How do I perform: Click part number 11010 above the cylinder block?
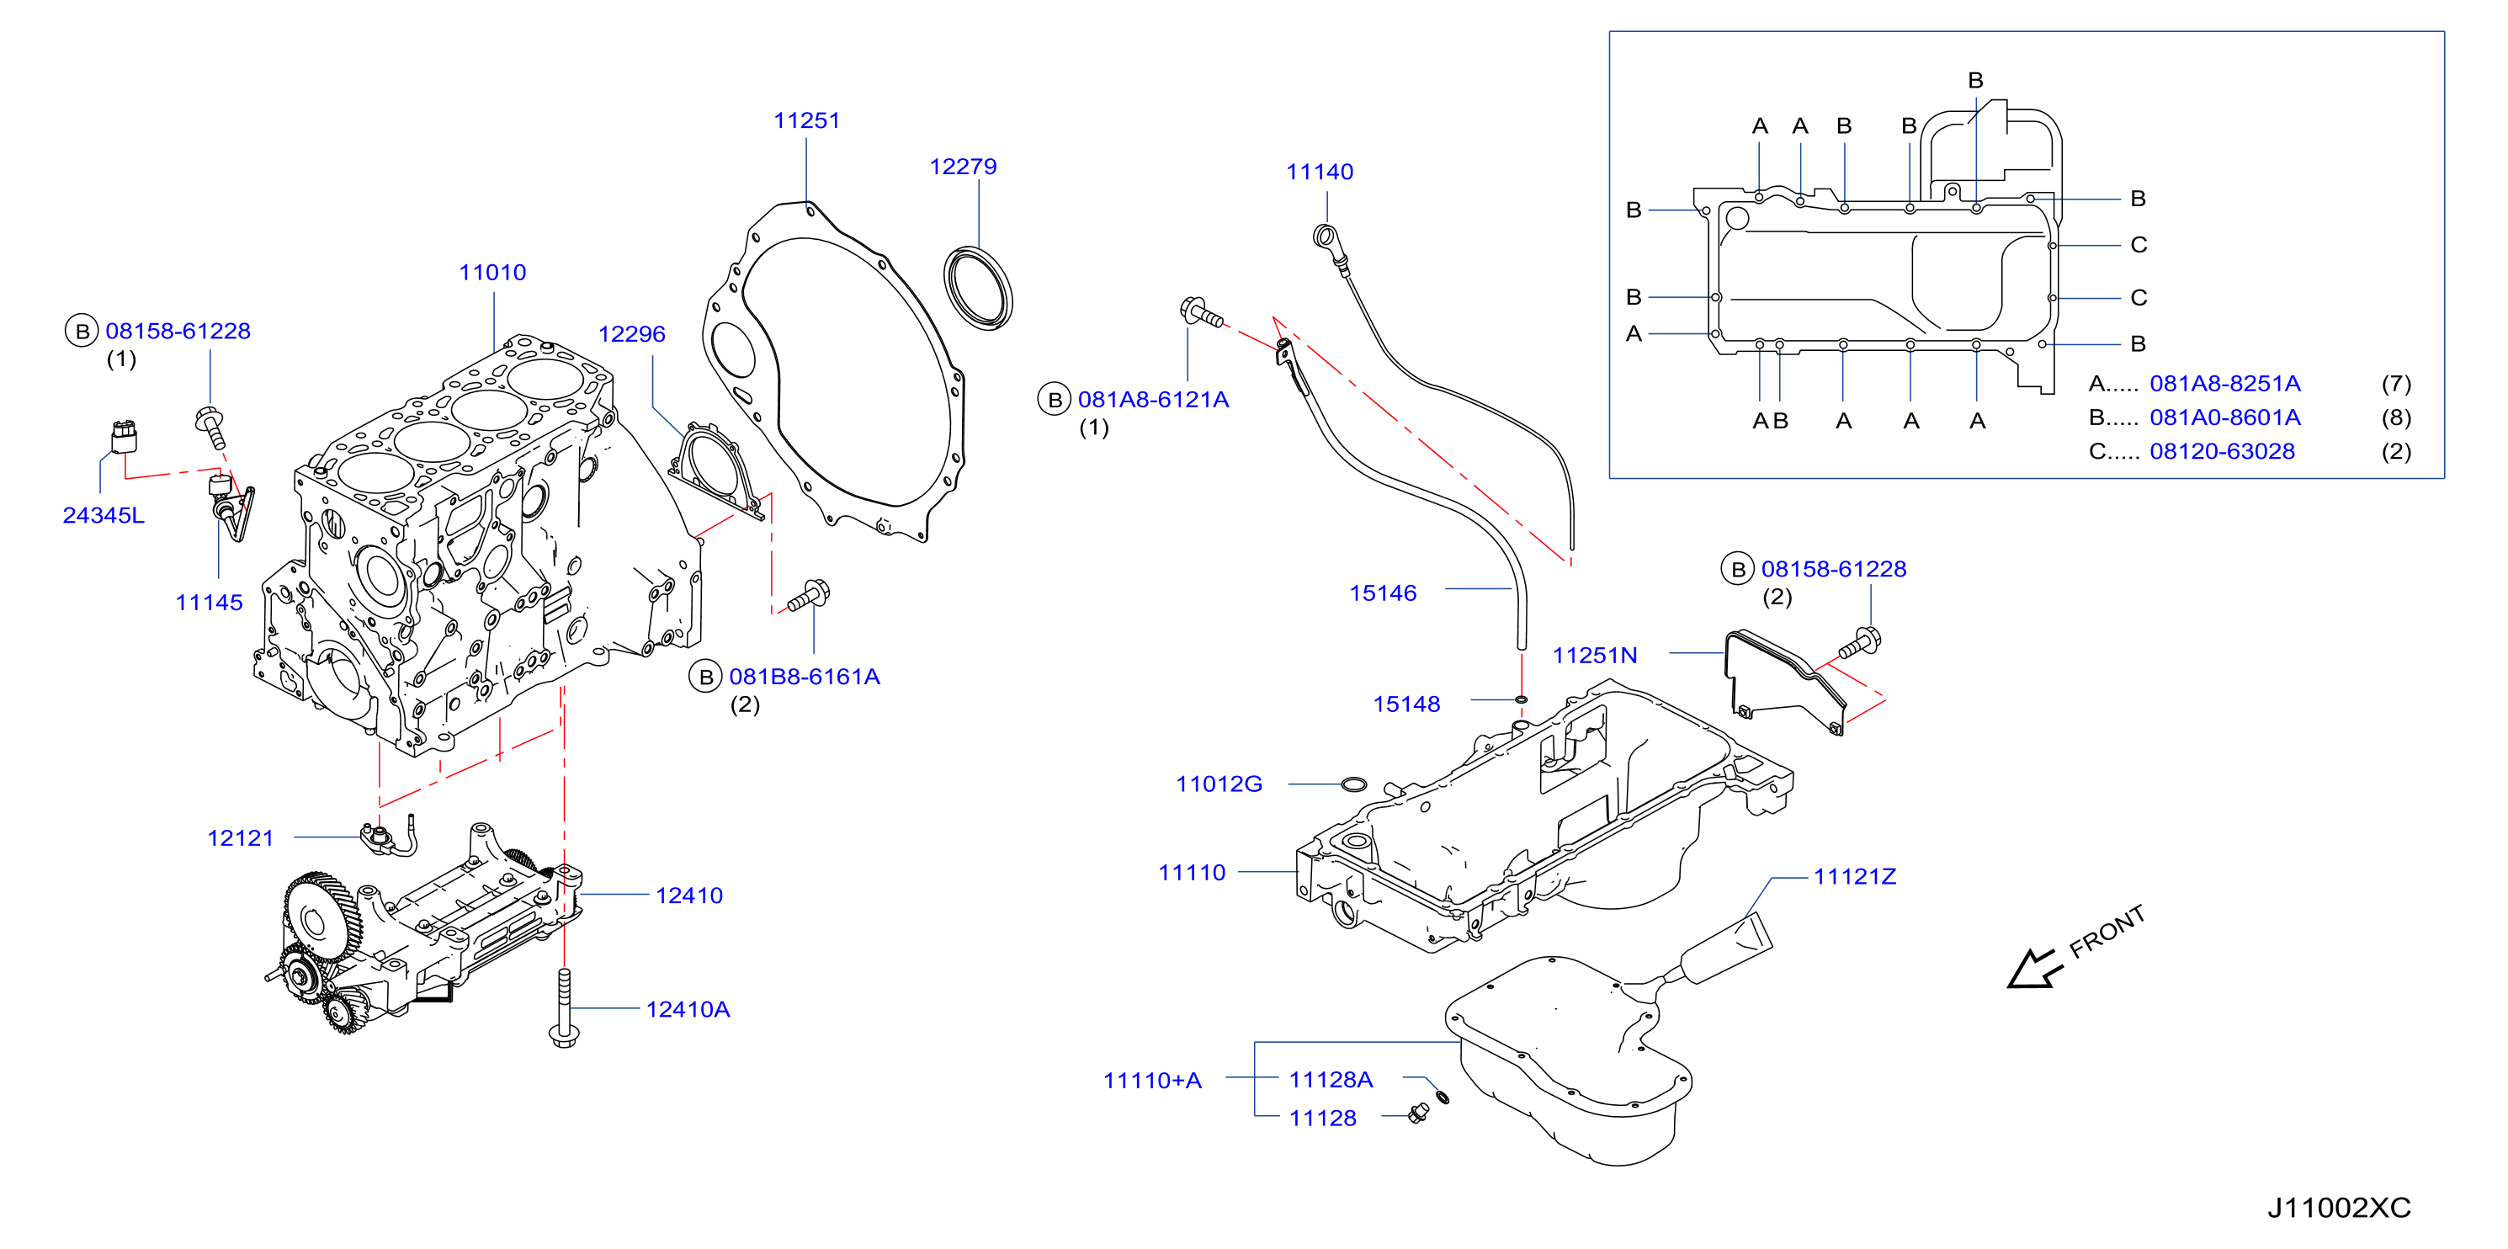click(x=492, y=273)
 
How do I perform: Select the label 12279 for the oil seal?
click(x=963, y=167)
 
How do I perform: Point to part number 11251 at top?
click(x=806, y=120)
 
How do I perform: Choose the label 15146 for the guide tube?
click(x=1383, y=593)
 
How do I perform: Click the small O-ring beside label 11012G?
click(x=1353, y=784)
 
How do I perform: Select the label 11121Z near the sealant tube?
click(x=1855, y=876)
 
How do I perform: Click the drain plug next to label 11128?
click(x=1419, y=1113)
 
